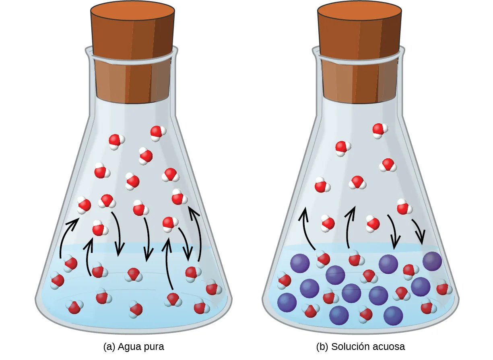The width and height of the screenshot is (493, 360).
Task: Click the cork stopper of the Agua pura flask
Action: (x=133, y=52)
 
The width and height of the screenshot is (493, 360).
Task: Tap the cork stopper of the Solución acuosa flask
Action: (x=360, y=52)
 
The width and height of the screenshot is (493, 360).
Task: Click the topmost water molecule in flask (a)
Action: (x=158, y=132)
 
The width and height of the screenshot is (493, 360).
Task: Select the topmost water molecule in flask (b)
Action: (x=380, y=130)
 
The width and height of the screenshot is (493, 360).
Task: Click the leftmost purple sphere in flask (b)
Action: (x=287, y=302)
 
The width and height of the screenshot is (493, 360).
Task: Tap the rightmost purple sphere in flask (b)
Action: (x=432, y=261)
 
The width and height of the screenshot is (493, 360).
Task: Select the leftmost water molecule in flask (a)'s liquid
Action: (x=57, y=280)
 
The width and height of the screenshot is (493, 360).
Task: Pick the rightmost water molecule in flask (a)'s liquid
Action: (x=213, y=289)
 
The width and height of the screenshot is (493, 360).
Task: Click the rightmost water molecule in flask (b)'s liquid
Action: (x=443, y=288)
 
